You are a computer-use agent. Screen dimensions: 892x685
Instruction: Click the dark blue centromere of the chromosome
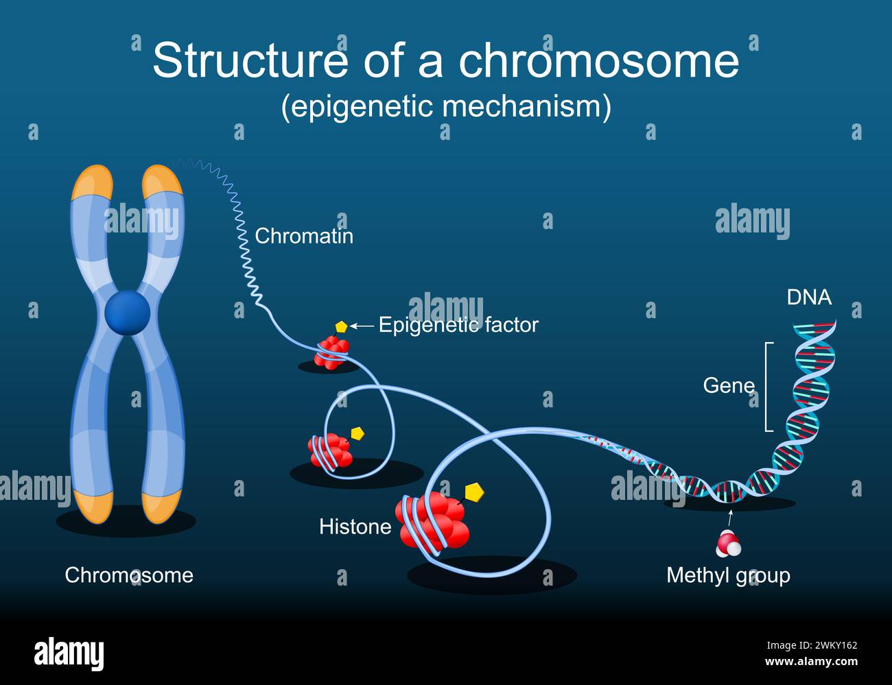[127, 313]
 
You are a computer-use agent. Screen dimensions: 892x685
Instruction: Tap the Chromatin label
[304, 237]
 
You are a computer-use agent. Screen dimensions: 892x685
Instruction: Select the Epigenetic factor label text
[458, 325]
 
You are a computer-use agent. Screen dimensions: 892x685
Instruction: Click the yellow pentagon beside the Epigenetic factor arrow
[342, 327]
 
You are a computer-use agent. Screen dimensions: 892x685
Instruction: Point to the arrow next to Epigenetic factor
[362, 326]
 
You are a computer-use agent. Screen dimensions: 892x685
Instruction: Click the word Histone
[355, 527]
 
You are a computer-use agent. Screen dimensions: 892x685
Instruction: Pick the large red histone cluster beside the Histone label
[433, 520]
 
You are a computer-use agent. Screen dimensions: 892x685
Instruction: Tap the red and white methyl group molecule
[729, 543]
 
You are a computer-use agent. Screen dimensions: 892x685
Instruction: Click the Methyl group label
[728, 576]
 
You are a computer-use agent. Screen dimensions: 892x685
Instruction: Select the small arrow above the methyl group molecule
[730, 517]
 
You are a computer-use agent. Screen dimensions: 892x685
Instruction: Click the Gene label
[729, 385]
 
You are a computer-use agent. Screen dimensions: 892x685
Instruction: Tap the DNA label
[809, 298]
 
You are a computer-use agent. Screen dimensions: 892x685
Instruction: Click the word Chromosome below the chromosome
[129, 575]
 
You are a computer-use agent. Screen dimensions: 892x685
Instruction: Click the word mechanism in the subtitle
[527, 106]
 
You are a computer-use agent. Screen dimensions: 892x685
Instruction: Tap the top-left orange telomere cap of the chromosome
[92, 183]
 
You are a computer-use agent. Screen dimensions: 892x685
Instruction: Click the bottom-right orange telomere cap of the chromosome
[162, 507]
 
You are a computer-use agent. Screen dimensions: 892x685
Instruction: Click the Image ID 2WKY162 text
[812, 645]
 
